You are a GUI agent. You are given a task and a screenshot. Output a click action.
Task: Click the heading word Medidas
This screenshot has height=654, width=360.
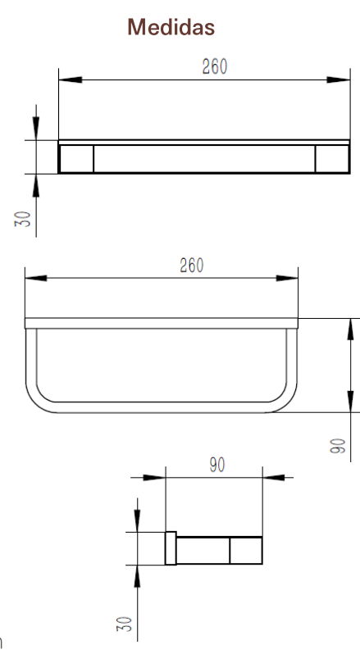171,27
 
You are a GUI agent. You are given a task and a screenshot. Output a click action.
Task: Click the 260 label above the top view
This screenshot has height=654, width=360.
215,66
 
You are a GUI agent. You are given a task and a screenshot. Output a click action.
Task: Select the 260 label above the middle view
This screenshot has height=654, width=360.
192,266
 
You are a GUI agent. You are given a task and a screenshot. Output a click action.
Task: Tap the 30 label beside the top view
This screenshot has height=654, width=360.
23,218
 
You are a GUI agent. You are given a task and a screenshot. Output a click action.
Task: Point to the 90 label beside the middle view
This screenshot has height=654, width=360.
339,446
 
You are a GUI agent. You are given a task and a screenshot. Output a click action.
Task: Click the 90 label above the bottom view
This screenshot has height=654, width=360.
217,465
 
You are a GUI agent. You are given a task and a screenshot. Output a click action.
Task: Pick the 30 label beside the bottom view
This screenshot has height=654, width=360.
125,624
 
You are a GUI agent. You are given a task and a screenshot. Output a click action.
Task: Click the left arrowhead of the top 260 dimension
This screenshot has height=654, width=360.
71,79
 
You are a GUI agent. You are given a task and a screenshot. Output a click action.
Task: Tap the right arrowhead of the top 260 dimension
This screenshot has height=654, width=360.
339,79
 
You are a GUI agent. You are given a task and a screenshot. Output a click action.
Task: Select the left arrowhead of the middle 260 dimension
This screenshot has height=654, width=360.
36,278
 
